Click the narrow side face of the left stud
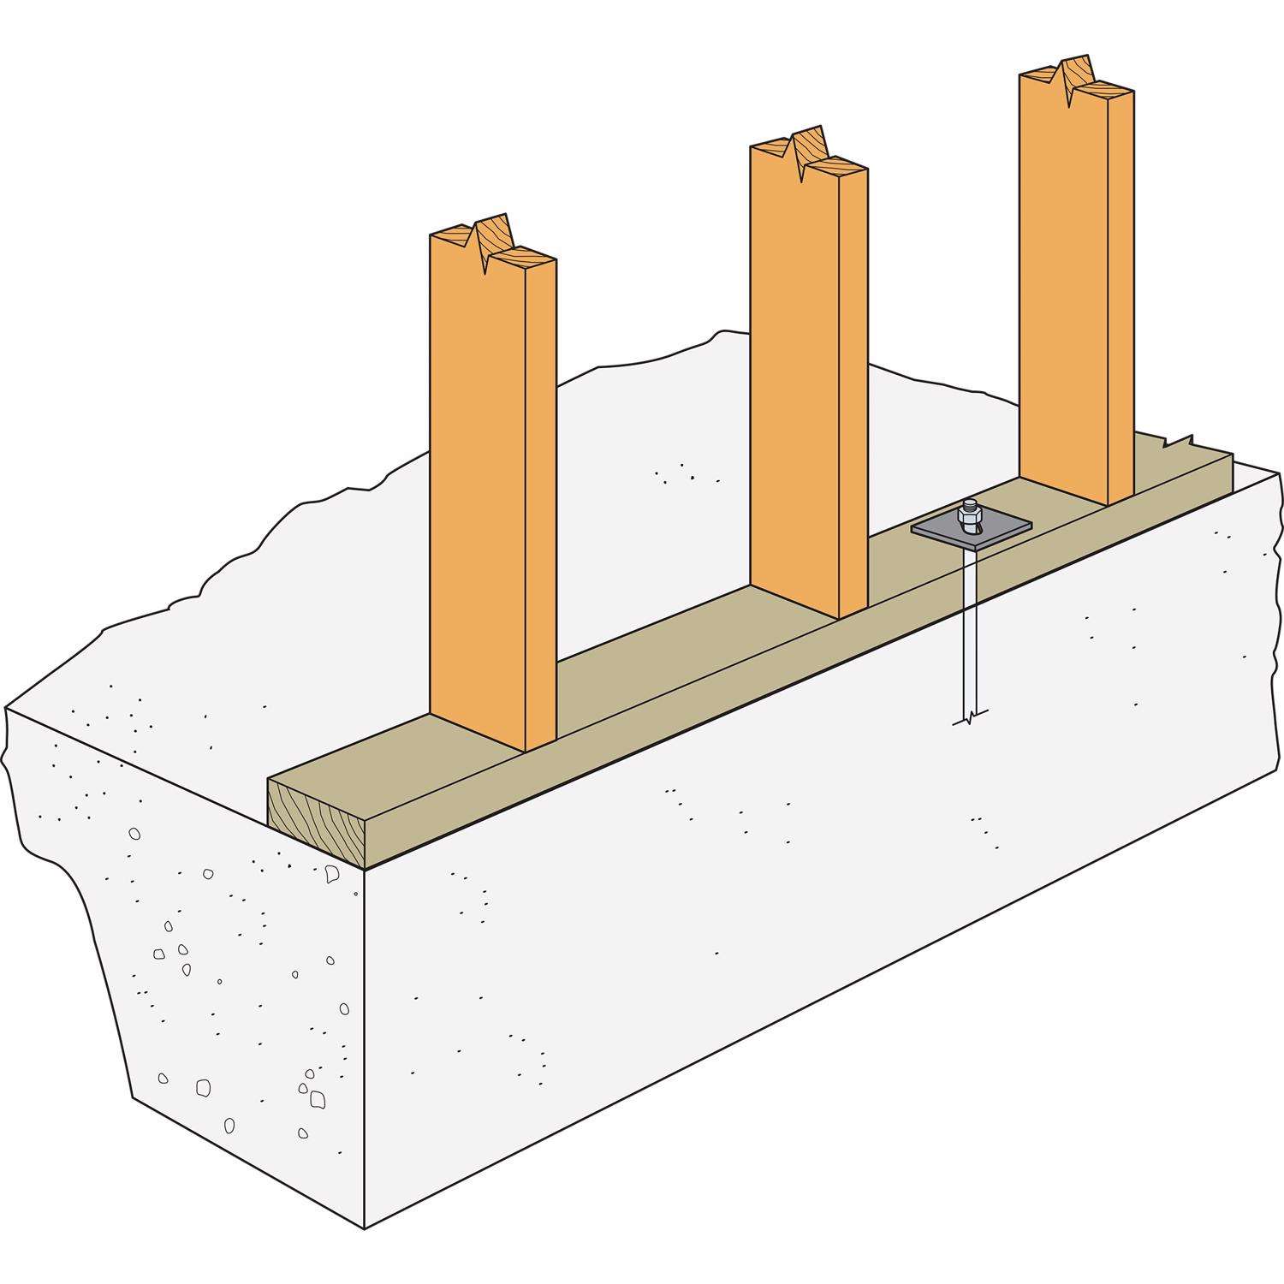tap(540, 505)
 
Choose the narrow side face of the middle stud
tap(853, 394)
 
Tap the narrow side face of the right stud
tap(1121, 300)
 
